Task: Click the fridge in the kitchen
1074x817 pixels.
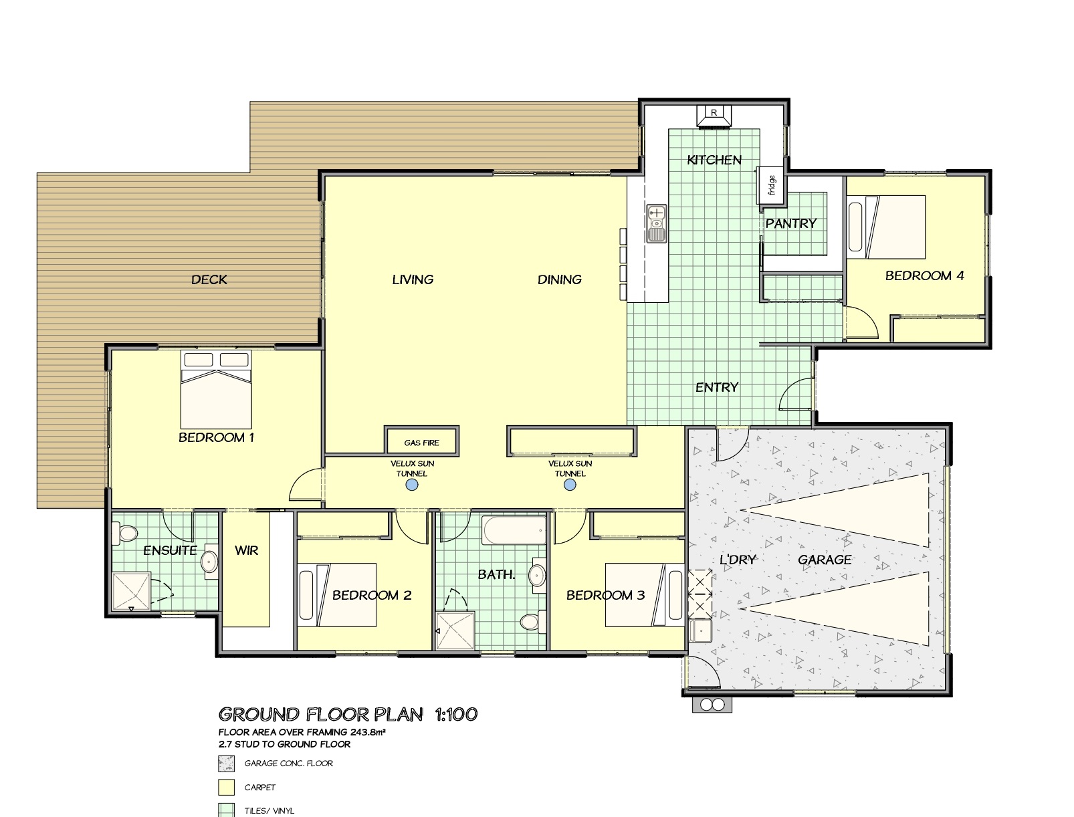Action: pyautogui.click(x=770, y=185)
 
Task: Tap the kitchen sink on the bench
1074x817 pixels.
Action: pyautogui.click(x=657, y=223)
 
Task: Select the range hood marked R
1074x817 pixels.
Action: pyautogui.click(x=714, y=117)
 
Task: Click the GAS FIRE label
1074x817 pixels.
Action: pyautogui.click(x=421, y=443)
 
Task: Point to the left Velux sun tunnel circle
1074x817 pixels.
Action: pyautogui.click(x=412, y=485)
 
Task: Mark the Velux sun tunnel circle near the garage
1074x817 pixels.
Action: pyautogui.click(x=570, y=485)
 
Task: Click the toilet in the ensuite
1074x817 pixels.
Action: pyautogui.click(x=124, y=534)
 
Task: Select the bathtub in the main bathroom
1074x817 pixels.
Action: pyautogui.click(x=514, y=530)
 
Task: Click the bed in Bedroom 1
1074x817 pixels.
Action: pyautogui.click(x=216, y=389)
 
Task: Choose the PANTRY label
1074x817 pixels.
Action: pyautogui.click(x=790, y=223)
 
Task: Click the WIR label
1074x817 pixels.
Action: pyautogui.click(x=246, y=550)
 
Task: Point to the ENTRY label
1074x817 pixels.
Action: pyautogui.click(x=717, y=388)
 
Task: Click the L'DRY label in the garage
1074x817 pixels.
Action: pyautogui.click(x=738, y=559)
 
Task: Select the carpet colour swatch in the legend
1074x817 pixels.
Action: pyautogui.click(x=226, y=787)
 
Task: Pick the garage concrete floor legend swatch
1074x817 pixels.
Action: pyautogui.click(x=226, y=764)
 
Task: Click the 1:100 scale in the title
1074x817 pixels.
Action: pyautogui.click(x=456, y=714)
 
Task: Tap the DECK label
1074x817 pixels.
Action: pyautogui.click(x=209, y=280)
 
